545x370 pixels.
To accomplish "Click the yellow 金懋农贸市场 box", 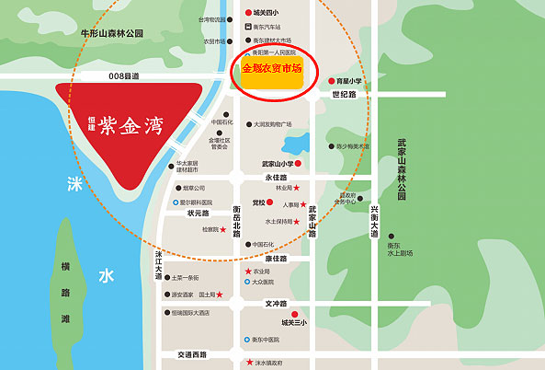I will [x=271, y=70].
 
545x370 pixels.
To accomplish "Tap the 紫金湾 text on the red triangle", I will [x=132, y=123].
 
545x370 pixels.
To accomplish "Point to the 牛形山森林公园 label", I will [x=112, y=33].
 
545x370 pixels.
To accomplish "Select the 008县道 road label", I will [x=122, y=76].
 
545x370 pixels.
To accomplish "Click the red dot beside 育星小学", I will [x=332, y=81].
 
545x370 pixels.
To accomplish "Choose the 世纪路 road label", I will [x=344, y=95].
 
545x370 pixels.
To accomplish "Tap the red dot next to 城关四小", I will [x=248, y=13].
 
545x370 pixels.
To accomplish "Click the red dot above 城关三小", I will [x=295, y=312].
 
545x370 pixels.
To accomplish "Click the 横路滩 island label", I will [x=65, y=291].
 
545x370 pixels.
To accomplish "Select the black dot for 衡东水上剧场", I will [x=392, y=237].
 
